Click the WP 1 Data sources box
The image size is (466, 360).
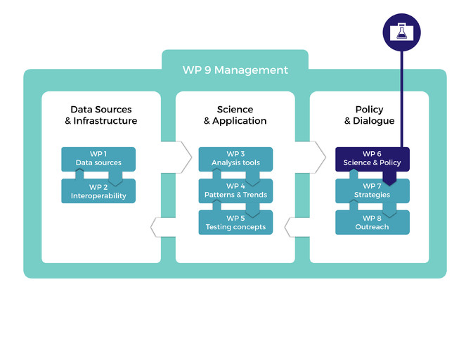[x=98, y=158]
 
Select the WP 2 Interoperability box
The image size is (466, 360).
[x=98, y=191]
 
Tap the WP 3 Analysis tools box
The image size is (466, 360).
[x=235, y=158]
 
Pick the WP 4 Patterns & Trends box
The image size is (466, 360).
[x=235, y=190]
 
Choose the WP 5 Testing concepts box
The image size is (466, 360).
[x=235, y=222]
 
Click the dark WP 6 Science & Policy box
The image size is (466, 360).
[x=372, y=158]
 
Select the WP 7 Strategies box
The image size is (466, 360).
[x=372, y=190]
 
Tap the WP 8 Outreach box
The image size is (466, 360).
[x=372, y=222]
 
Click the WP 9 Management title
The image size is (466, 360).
[x=235, y=70]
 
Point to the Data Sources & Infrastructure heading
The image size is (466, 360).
[x=101, y=115]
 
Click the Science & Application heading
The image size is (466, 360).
[x=235, y=115]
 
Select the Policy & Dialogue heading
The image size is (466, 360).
[x=369, y=115]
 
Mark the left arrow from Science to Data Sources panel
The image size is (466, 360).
[x=163, y=227]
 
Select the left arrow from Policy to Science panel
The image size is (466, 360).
[x=297, y=227]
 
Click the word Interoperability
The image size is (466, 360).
[x=98, y=196]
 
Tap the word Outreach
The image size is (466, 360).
[x=372, y=227]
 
